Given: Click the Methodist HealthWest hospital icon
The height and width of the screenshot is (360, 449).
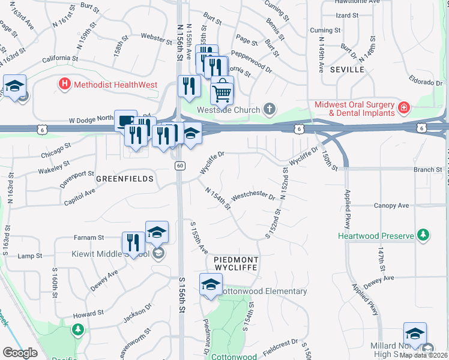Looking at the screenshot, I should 64,85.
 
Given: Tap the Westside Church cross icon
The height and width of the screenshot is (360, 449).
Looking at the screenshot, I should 270,110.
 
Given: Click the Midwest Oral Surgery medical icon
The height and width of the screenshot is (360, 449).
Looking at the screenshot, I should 404,109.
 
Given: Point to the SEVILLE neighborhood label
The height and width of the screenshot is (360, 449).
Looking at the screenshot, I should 347,70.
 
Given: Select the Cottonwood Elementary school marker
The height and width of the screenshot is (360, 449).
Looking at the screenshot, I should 211,286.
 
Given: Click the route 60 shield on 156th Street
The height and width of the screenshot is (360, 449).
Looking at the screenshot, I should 179,166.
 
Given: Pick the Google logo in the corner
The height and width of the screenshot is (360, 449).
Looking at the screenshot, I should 20,353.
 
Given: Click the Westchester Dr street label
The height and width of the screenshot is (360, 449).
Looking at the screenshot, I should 253,197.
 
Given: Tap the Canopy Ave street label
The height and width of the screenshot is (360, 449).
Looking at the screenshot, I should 390,206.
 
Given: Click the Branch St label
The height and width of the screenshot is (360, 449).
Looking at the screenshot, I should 427,170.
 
